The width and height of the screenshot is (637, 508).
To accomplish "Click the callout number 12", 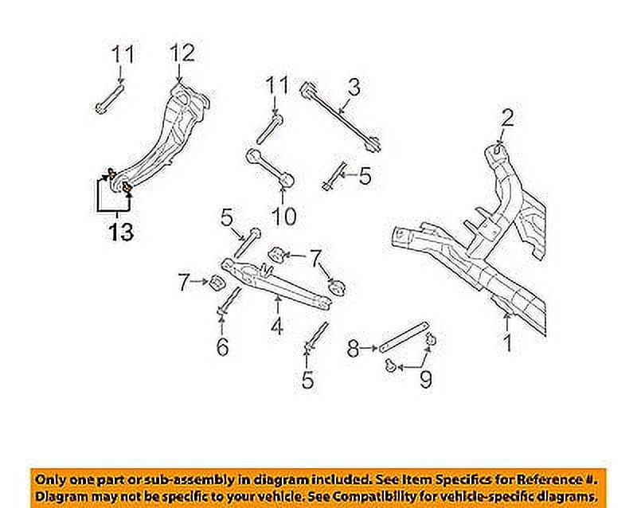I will (182, 54).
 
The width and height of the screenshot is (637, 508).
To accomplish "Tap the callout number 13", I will (117, 233).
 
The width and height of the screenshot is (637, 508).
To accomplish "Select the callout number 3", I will (354, 85).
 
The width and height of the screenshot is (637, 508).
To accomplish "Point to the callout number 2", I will (508, 119).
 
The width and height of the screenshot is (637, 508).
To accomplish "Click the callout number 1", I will (506, 343).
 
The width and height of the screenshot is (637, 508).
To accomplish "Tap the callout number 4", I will (277, 324).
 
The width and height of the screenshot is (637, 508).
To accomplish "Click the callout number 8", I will (354, 347).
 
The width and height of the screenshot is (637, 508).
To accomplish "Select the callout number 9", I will (425, 379).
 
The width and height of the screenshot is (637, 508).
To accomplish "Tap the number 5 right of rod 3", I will (364, 176).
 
